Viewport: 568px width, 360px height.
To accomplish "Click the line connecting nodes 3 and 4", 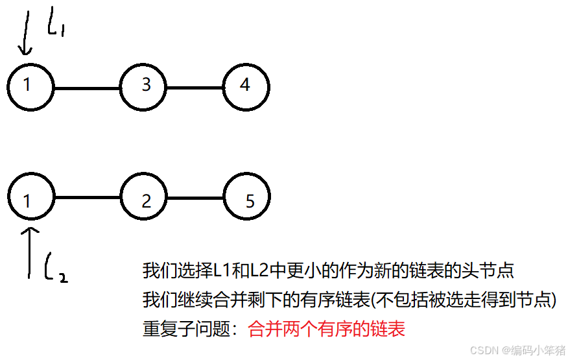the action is [195, 87].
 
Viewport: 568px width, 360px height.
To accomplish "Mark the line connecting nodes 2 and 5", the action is [195, 198].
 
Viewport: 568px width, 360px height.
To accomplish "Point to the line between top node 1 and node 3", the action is [87, 87].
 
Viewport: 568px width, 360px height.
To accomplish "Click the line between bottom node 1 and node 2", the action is [87, 198].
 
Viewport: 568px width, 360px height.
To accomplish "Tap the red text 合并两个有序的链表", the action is [326, 329].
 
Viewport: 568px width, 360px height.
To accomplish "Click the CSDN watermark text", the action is [517, 350].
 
